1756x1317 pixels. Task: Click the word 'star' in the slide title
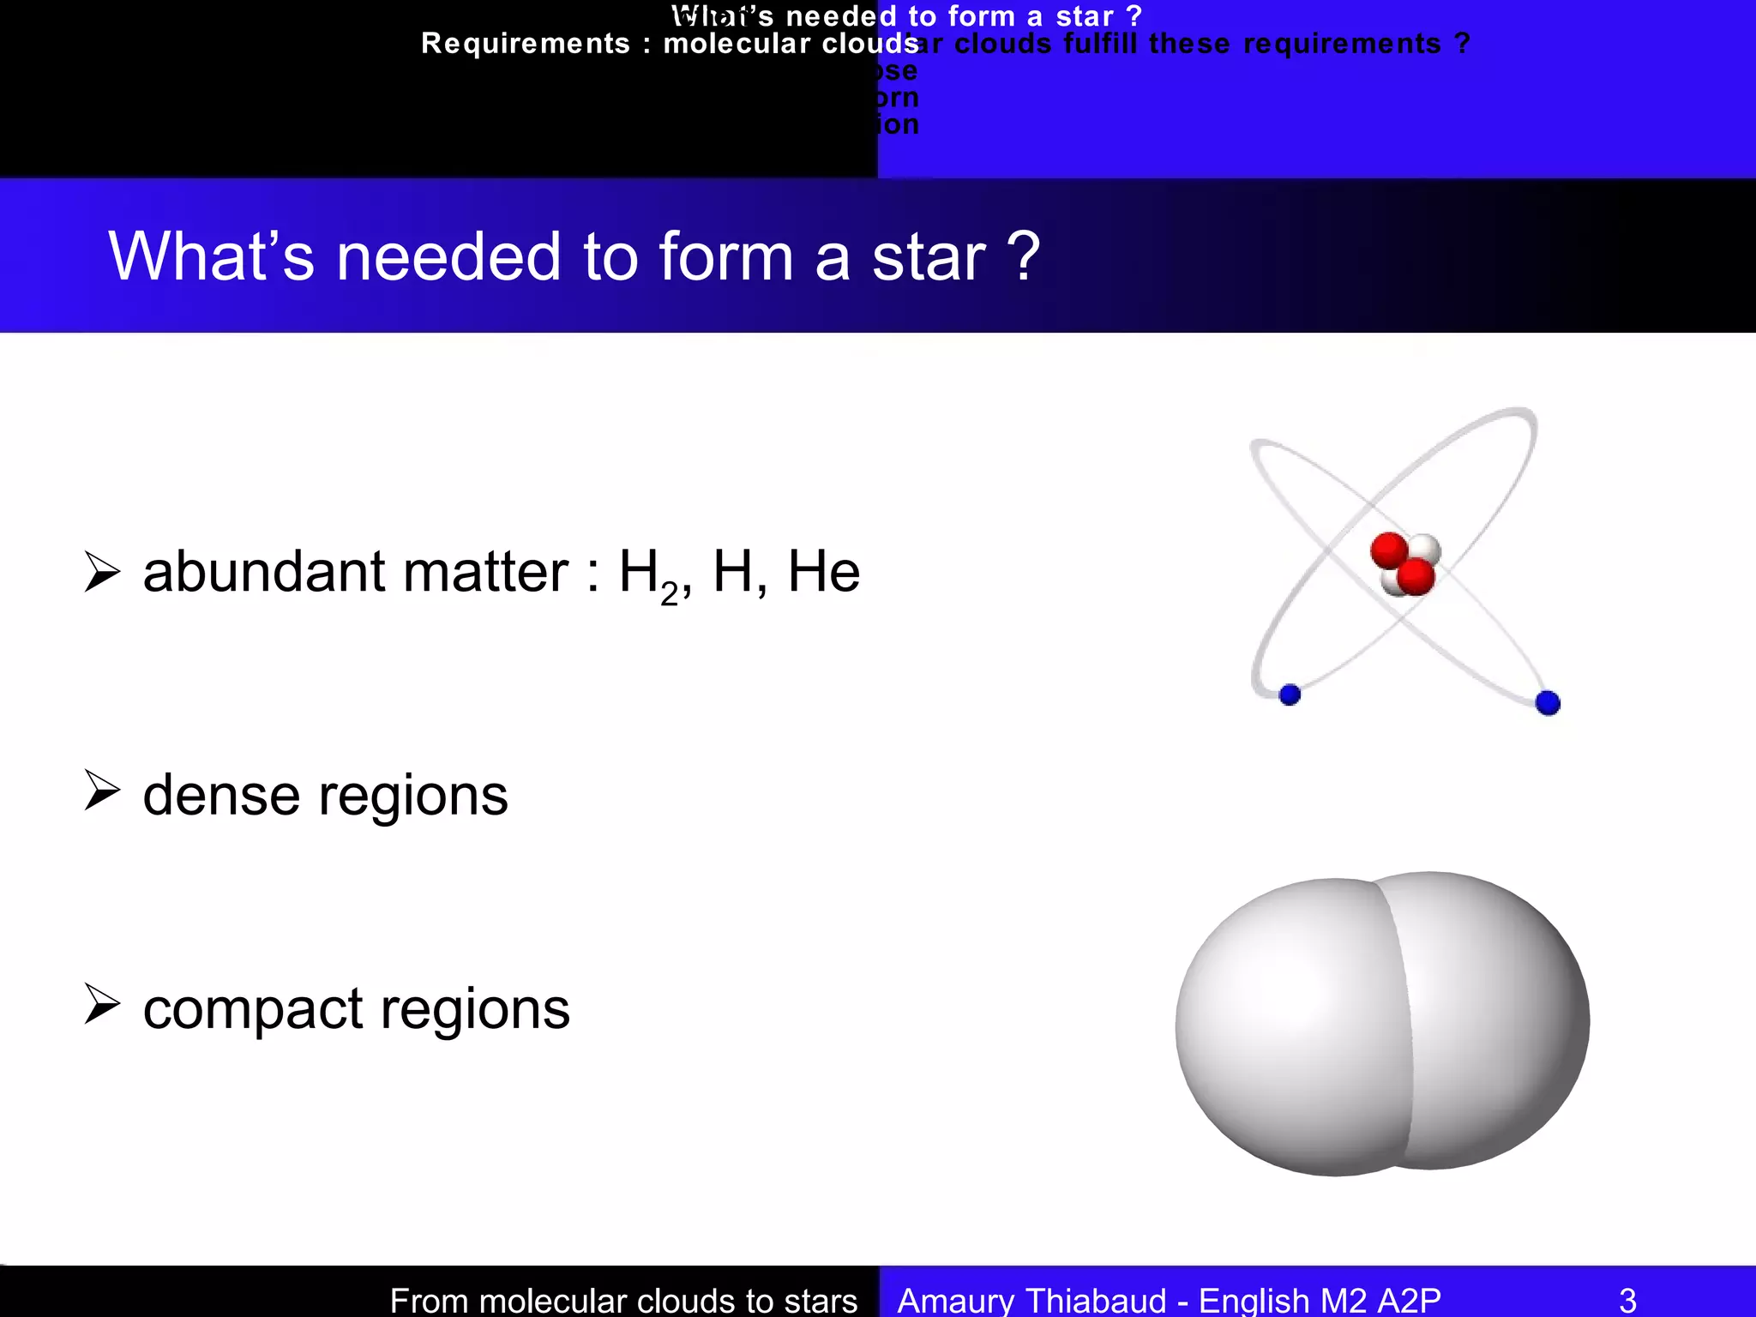click(x=929, y=257)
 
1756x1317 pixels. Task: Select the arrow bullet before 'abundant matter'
click(x=102, y=572)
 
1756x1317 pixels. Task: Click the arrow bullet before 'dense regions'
click(x=102, y=790)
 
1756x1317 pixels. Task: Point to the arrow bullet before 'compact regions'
click(x=102, y=1004)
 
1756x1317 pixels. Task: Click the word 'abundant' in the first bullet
click(x=264, y=572)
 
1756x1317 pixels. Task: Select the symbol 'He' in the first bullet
click(x=823, y=572)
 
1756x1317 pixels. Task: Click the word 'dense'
click(x=221, y=795)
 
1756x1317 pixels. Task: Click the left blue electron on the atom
click(x=1290, y=695)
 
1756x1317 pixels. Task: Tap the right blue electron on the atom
click(x=1548, y=703)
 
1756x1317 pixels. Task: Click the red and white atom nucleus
click(x=1404, y=564)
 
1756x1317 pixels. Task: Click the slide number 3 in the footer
click(x=1627, y=1300)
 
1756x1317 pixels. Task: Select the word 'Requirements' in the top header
click(x=525, y=44)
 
